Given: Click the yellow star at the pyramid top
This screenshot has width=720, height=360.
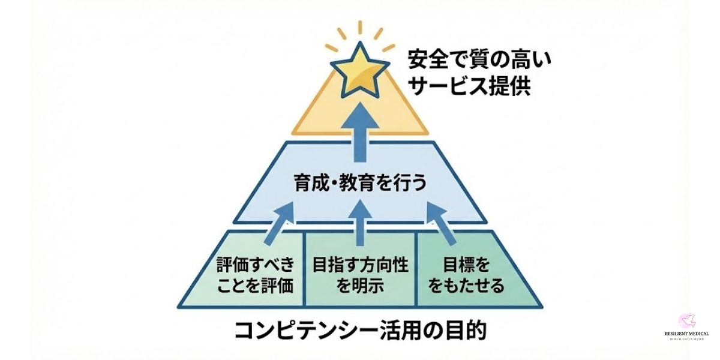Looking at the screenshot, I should [360, 70].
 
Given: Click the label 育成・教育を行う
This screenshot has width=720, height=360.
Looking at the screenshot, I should [360, 182].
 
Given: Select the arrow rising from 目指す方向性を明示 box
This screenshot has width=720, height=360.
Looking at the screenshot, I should [360, 222].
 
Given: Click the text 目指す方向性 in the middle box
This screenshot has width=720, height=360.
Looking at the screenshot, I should [360, 265].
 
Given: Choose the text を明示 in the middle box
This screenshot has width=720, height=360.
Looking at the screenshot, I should [360, 286].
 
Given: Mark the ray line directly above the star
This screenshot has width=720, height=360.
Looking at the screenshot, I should [361, 28].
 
